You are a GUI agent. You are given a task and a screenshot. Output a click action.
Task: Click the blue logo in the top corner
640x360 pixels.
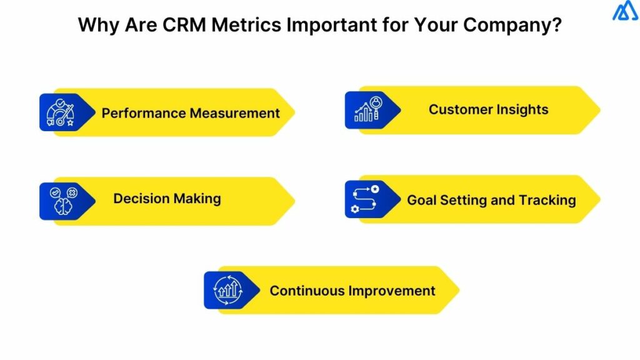pos(625,11)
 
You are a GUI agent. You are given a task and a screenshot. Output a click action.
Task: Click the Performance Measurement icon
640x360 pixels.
pos(60,112)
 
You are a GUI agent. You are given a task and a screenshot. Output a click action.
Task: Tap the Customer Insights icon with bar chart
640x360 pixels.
pos(366,109)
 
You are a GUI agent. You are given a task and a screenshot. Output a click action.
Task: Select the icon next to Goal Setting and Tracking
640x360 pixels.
pos(366,200)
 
